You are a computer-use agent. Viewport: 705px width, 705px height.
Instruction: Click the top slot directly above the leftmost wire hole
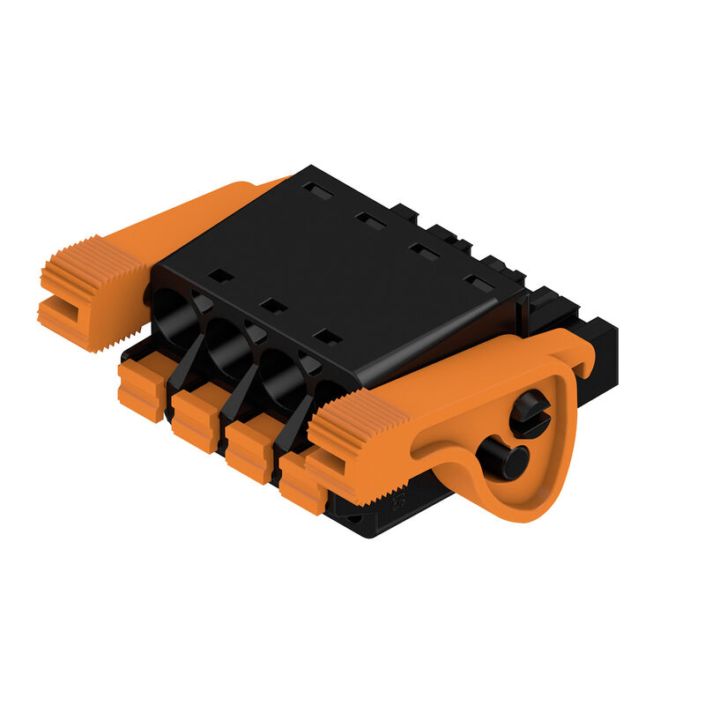click(x=221, y=276)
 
